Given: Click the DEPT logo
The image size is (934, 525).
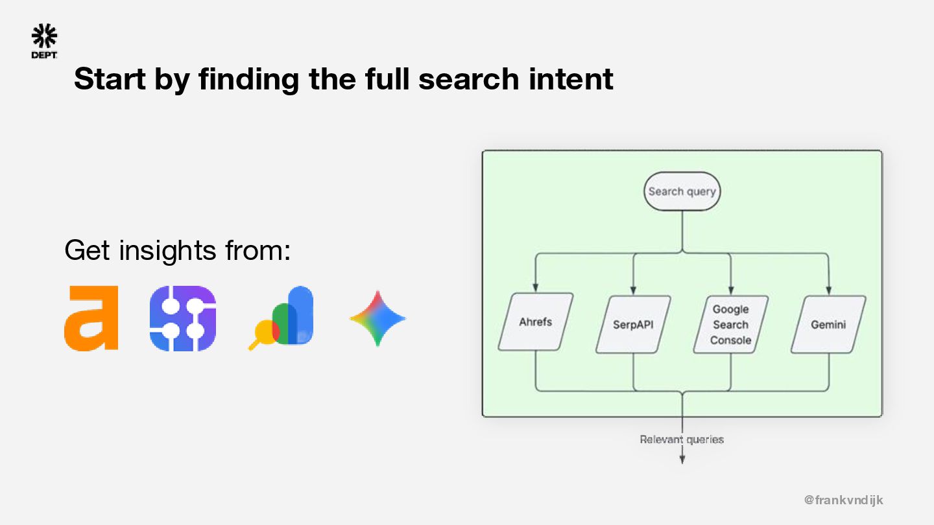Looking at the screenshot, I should tap(44, 41).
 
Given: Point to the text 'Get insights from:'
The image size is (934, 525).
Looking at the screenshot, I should tap(177, 250).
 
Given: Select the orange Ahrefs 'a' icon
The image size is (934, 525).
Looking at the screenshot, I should tap(91, 318).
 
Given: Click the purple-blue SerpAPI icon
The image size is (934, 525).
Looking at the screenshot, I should tap(183, 318).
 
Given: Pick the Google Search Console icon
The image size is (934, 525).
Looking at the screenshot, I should tap(281, 318).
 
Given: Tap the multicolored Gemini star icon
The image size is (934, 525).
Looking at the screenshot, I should tap(377, 318).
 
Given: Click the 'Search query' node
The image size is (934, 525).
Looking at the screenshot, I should tap(682, 191).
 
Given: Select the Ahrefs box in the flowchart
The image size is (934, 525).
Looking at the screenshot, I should tap(536, 322).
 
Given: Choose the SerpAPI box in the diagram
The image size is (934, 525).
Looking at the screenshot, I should tap(633, 324).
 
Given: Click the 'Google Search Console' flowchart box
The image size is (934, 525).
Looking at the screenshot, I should tap(730, 324).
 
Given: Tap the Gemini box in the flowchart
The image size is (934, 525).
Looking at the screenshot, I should tap(828, 324).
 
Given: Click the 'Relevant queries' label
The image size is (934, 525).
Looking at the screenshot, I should tap(682, 439).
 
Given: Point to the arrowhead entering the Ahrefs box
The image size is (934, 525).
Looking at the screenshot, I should tap(536, 288).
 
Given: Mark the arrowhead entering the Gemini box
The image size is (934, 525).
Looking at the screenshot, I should tap(828, 291).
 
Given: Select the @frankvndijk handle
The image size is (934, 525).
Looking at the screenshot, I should tap(843, 500).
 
